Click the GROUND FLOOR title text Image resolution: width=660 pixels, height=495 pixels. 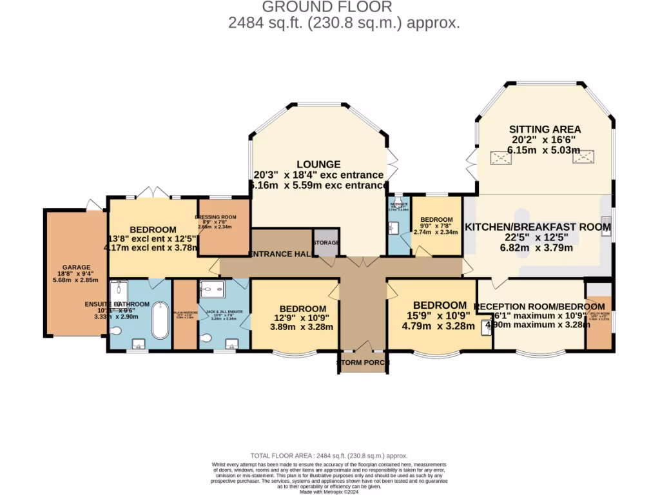(x=327, y=7)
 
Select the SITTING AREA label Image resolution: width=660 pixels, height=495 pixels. (x=545, y=129)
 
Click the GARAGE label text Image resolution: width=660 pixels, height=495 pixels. (x=76, y=267)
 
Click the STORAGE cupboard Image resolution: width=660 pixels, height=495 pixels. (x=325, y=242)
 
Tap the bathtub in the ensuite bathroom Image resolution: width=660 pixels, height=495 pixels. (x=159, y=322)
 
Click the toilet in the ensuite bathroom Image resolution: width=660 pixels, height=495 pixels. (x=116, y=331)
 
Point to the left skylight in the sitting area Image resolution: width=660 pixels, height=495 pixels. (x=499, y=158)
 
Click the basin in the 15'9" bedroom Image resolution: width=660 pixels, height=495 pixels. (x=485, y=327)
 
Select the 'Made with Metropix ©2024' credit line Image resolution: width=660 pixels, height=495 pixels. (x=329, y=492)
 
